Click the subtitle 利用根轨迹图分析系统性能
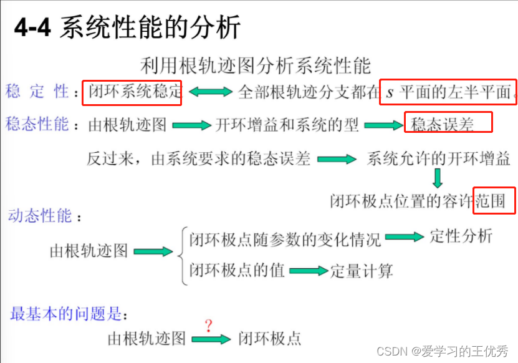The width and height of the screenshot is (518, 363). (255, 65)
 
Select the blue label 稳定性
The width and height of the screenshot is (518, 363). (37, 92)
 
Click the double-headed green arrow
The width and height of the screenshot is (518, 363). (210, 92)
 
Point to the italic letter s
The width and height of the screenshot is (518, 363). (390, 93)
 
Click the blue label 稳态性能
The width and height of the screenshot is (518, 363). (37, 123)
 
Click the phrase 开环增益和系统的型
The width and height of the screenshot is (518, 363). (287, 125)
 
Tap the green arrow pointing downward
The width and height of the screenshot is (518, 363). (437, 178)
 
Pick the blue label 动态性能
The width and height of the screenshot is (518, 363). (41, 216)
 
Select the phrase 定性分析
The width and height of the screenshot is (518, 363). (461, 236)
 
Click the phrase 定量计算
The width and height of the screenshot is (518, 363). (362, 271)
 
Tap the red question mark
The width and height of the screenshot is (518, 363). (208, 326)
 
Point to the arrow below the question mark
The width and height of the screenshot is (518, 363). (211, 339)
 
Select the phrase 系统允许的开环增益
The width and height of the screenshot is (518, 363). (439, 158)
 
